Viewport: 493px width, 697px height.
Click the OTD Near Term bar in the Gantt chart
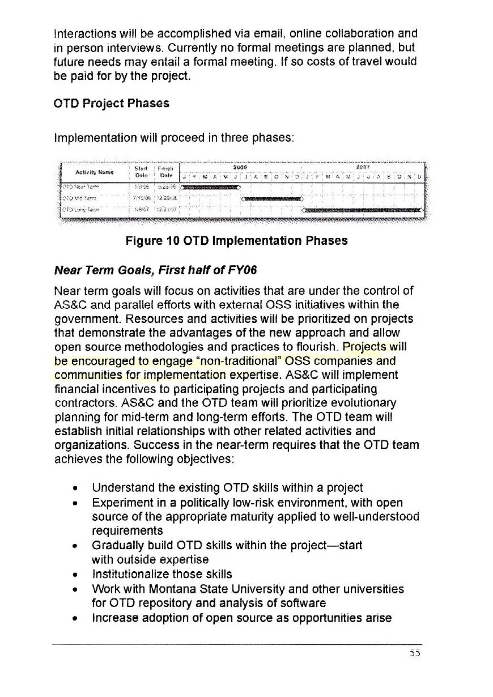coord(210,186)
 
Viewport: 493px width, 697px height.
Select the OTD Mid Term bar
coord(273,198)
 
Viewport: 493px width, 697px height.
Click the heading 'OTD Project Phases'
coord(112,104)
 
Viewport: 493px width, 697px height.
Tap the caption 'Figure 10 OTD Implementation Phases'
coord(236,241)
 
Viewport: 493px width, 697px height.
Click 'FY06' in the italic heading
coord(244,270)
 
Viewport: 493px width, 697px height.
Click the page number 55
coord(415,653)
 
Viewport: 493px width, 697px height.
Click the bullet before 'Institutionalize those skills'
coord(75,575)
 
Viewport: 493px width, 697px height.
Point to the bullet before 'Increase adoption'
coord(75,618)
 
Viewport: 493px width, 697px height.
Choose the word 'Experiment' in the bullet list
coord(120,503)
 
